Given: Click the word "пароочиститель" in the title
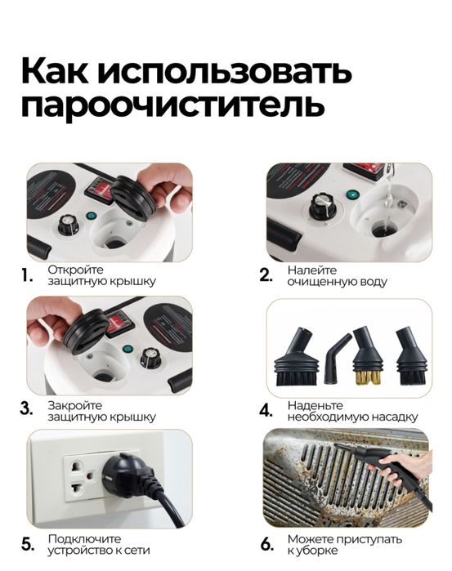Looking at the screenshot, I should pyautogui.click(x=172, y=107).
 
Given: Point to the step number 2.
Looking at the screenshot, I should pyautogui.click(x=266, y=276).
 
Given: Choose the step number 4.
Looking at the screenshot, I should pyautogui.click(x=266, y=409).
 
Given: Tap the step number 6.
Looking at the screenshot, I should pyautogui.click(x=266, y=545).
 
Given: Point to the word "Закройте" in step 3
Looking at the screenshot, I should pyautogui.click(x=74, y=404).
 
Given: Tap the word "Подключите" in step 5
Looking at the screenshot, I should pyautogui.click(x=84, y=538).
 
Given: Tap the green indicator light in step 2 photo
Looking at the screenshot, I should pyautogui.click(x=352, y=195).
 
